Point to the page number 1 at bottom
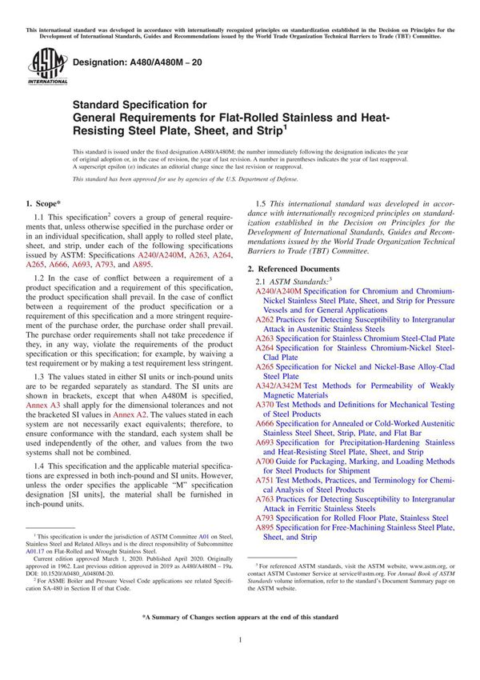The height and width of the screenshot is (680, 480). point(240,663)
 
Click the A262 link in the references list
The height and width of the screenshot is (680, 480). point(264,318)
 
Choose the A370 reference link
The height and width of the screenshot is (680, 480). point(264,405)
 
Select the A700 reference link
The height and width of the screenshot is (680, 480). point(264,462)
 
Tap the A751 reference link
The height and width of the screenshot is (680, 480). point(264,480)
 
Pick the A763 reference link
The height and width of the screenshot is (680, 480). point(264,498)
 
